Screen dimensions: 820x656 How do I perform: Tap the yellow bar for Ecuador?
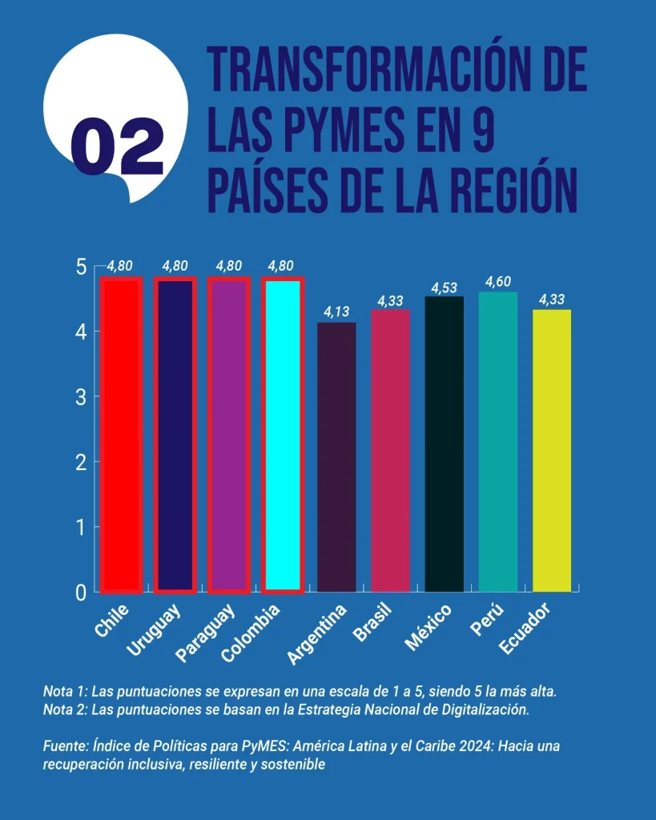coord(551,451)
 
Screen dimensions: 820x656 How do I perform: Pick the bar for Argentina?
coord(336,457)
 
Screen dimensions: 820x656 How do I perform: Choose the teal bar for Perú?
coord(497,442)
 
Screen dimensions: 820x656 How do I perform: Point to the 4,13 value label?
coord(337,311)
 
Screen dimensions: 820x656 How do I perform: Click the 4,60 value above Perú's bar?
coord(497,281)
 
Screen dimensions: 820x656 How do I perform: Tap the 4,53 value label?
coord(444,287)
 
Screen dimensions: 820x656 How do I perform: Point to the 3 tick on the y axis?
coord(83,396)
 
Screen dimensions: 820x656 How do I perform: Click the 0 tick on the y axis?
coord(83,592)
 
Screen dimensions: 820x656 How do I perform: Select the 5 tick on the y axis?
coord(83,266)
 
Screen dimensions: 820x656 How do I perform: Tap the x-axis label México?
coord(429,629)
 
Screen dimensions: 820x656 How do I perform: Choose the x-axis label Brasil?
coord(373,625)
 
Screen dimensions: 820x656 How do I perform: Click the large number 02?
coord(117,147)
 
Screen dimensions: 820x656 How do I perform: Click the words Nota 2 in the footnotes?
coord(63,709)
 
